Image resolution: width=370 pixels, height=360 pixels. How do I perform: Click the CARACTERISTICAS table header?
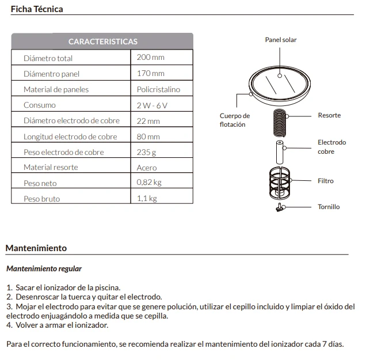102,41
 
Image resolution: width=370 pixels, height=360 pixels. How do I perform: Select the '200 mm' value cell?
151,58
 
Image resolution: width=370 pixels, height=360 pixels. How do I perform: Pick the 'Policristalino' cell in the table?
158,89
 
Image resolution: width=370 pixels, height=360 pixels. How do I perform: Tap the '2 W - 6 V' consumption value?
152,105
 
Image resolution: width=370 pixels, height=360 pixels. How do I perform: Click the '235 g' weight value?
146,152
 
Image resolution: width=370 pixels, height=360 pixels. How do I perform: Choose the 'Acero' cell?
147,168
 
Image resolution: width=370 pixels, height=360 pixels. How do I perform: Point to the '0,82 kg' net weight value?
149,183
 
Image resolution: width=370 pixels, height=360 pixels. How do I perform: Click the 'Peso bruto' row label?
41,199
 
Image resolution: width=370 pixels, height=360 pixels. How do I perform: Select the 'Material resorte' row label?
51,168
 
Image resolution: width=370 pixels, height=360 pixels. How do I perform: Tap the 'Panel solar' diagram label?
281,40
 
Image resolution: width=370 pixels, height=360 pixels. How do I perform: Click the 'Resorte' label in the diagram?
329,115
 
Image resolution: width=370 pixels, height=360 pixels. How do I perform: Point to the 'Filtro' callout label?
326,181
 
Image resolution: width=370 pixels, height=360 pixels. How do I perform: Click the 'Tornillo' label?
329,207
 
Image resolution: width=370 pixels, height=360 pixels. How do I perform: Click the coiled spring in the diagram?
280,121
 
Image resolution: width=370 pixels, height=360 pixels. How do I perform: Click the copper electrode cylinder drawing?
280,151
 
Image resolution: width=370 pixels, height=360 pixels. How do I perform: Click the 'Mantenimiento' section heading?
36,248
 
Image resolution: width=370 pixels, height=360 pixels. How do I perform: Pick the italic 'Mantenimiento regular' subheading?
44,269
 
